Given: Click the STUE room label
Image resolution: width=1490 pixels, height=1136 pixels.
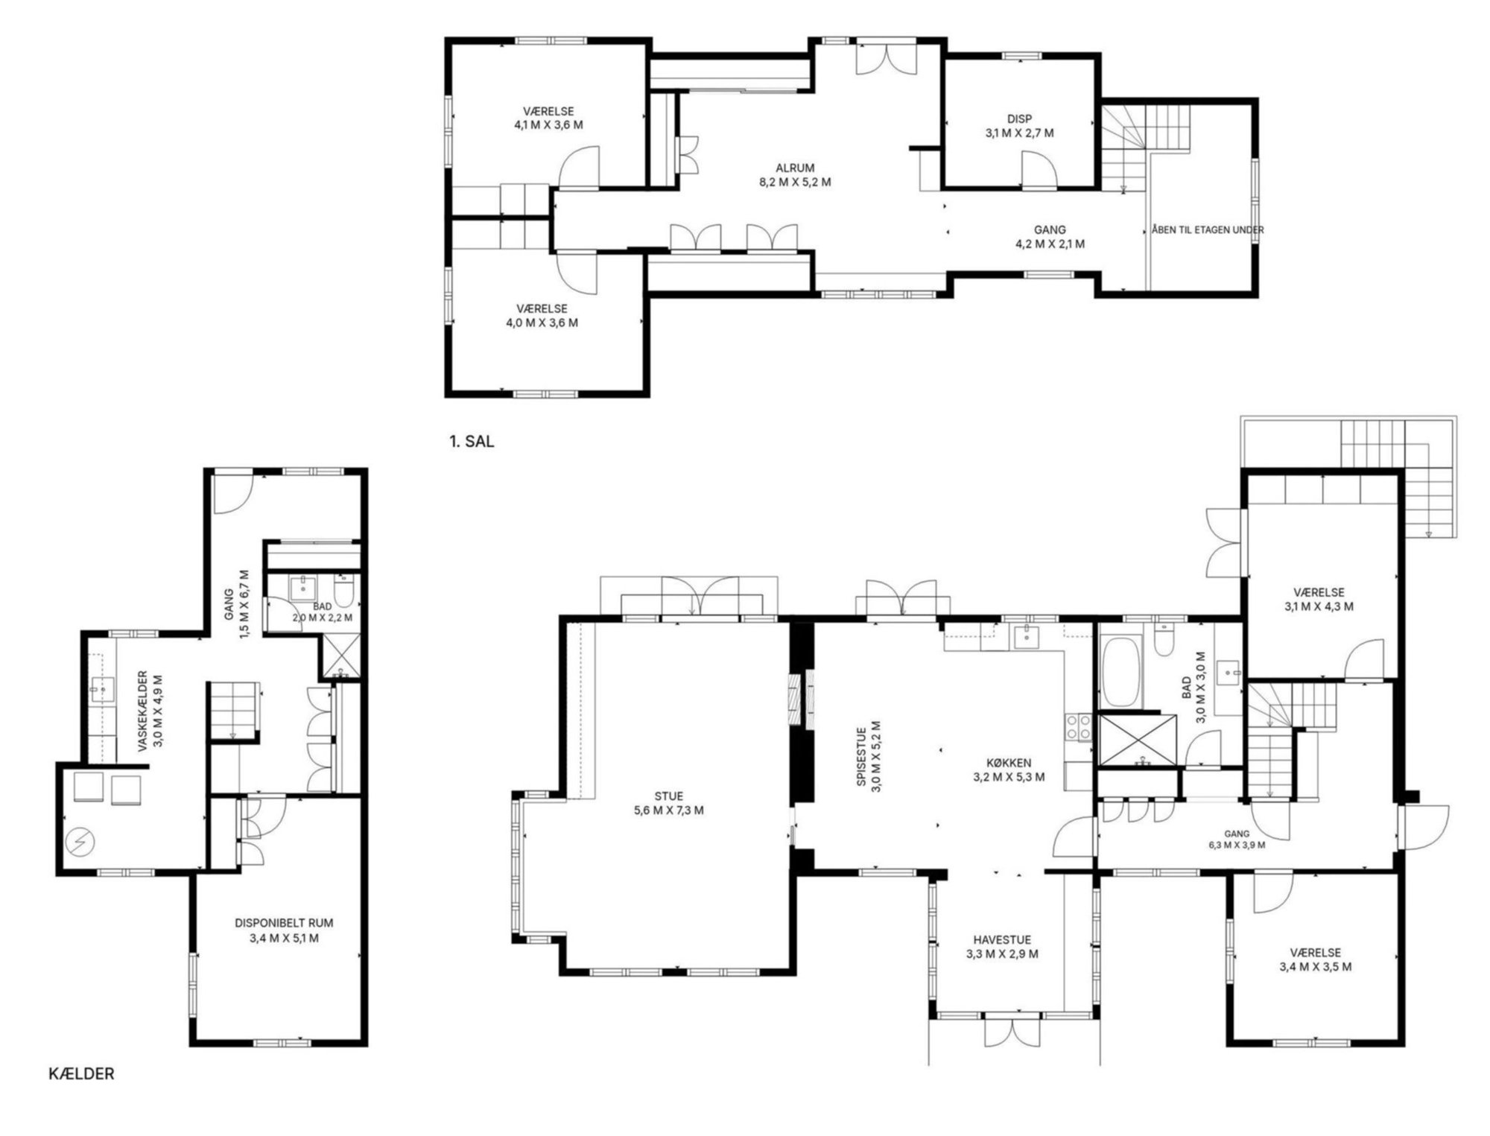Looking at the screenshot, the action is (668, 796).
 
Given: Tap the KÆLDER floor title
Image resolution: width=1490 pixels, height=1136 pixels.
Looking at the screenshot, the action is (81, 1074).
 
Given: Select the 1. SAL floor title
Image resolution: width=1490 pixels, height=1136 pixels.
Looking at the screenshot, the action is (472, 441).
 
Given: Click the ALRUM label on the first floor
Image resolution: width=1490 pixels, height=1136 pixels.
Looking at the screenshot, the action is (795, 168).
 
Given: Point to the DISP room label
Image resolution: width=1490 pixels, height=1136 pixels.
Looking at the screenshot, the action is (1019, 119).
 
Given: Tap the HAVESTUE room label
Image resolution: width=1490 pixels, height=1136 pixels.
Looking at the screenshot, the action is (1002, 940).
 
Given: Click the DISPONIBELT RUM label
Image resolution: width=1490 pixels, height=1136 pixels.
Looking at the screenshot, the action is (284, 923).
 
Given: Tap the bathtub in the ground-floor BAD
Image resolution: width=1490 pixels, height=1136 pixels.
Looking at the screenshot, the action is (1120, 672).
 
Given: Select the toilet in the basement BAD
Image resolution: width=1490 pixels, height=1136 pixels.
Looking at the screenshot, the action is (343, 592).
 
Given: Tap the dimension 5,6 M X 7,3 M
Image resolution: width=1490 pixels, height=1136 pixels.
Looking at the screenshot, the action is (668, 810).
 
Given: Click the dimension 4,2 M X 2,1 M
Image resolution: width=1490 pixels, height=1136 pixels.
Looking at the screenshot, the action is (1050, 244).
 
